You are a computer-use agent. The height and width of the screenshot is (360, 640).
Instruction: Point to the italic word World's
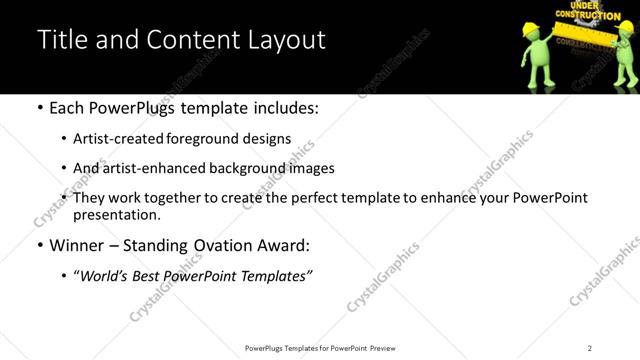coord(106,275)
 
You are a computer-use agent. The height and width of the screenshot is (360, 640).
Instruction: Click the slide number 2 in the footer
coord(590,347)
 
